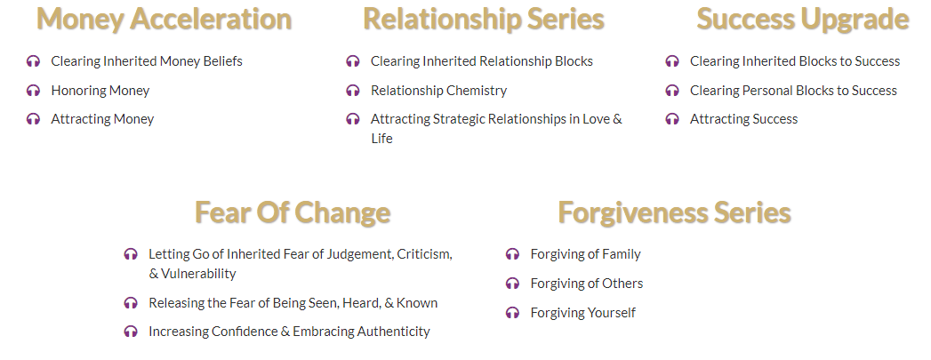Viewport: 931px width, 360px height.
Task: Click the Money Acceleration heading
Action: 164,19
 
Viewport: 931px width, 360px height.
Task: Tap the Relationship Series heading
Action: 484,19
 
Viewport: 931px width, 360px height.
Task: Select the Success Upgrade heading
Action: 803,19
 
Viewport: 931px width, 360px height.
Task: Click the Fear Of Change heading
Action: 293,212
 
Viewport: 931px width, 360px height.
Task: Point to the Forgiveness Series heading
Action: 675,212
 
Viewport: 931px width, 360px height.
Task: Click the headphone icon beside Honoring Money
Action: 33,91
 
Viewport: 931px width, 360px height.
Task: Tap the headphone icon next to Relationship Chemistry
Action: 353,91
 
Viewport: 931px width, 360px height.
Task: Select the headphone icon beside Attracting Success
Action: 672,119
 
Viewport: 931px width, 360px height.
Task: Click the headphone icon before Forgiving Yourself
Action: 512,313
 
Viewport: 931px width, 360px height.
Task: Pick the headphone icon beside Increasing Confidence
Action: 131,332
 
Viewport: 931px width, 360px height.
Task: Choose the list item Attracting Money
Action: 103,119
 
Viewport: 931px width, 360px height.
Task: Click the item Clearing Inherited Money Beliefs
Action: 147,61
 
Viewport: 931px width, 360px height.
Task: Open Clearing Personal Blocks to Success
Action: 793,91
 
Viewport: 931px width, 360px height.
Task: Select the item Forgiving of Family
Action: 585,254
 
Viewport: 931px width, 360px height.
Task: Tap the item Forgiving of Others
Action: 587,284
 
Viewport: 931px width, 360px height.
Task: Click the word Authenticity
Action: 393,332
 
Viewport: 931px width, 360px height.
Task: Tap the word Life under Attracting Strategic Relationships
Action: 381,138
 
